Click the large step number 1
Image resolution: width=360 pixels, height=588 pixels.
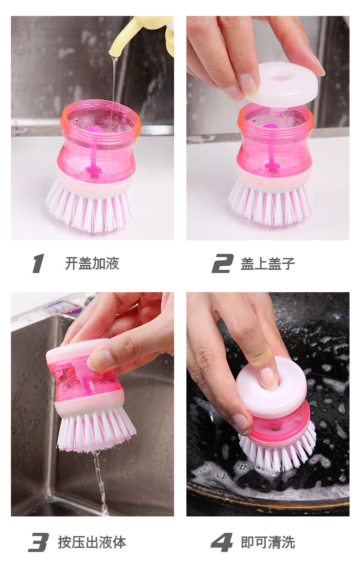click(38, 263)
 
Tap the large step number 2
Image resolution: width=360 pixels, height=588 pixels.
click(222, 263)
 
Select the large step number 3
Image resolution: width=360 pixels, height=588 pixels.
click(38, 542)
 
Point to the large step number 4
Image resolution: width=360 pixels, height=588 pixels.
click(222, 542)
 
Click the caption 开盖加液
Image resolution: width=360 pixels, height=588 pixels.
click(92, 263)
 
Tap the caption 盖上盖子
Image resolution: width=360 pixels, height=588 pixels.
click(268, 264)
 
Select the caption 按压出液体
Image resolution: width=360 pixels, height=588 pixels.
click(92, 542)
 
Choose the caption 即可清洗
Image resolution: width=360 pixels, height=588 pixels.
click(268, 542)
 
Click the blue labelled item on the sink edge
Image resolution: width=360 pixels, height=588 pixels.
click(63, 308)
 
